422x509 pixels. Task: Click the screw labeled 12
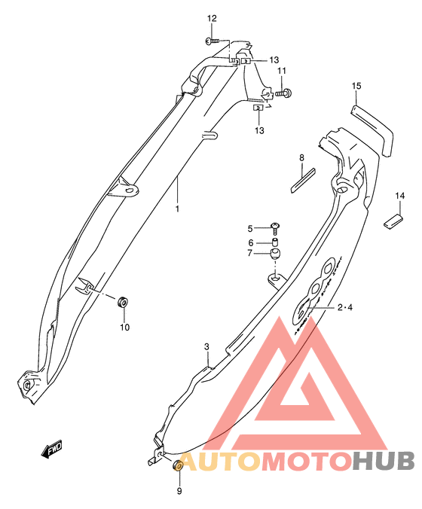click(x=213, y=41)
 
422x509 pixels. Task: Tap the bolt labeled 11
click(x=283, y=93)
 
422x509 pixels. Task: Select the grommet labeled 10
click(x=123, y=302)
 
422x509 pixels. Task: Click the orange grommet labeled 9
click(x=178, y=466)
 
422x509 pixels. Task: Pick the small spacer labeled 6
click(x=276, y=242)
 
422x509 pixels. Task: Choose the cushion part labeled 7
click(x=276, y=254)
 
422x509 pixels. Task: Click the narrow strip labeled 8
click(x=303, y=181)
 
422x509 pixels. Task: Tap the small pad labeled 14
click(x=393, y=221)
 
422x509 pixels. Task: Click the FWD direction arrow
click(x=51, y=450)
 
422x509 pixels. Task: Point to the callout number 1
click(x=177, y=209)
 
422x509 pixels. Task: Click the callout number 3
click(x=207, y=346)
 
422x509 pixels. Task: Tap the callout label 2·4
click(x=345, y=307)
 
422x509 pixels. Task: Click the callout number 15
click(x=356, y=86)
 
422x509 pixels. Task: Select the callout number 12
click(x=212, y=19)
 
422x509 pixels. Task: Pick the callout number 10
click(x=125, y=328)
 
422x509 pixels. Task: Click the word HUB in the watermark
click(x=384, y=461)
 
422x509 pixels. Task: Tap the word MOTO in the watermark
click(x=307, y=461)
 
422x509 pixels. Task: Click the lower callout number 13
click(x=259, y=130)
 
